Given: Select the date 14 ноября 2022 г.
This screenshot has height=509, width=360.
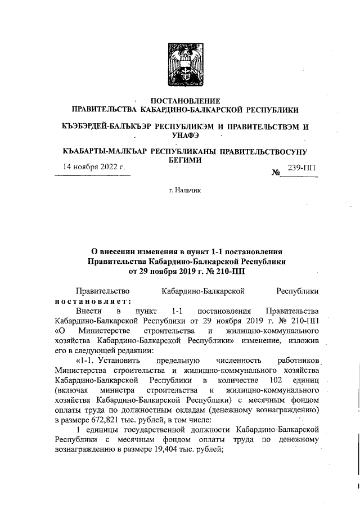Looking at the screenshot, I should point(91,167).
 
